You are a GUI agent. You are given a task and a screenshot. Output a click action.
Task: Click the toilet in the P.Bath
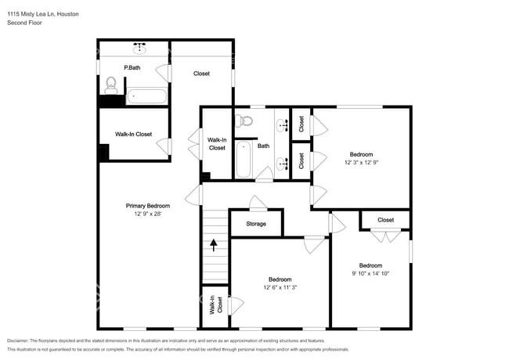pyautogui.click(x=111, y=85)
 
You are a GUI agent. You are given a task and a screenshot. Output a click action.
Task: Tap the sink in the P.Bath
pyautogui.click(x=139, y=49)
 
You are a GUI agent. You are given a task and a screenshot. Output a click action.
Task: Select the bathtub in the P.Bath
pyautogui.click(x=146, y=96)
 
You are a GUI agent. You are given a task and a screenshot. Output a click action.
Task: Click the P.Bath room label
pyautogui.click(x=132, y=68)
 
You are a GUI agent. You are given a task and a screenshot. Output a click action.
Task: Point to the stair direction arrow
pyautogui.click(x=213, y=245)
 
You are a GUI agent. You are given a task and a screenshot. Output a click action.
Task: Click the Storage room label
pyautogui.click(x=256, y=224)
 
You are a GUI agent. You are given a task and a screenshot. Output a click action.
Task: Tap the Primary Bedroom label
pyautogui.click(x=148, y=206)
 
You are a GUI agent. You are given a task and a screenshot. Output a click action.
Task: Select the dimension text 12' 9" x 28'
pyautogui.click(x=148, y=214)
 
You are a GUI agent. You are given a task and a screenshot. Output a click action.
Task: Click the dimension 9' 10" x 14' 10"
pyautogui.click(x=370, y=273)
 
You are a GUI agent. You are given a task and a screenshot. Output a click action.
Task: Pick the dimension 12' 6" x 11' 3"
pyautogui.click(x=280, y=287)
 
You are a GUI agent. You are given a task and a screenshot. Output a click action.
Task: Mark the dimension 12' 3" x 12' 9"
pyautogui.click(x=361, y=163)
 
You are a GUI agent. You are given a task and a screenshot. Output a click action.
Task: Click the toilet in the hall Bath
pyautogui.click(x=244, y=121)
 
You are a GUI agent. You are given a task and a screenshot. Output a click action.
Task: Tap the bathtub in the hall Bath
pyautogui.click(x=244, y=159)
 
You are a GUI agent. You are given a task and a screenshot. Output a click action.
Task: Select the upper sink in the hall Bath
pyautogui.click(x=283, y=125)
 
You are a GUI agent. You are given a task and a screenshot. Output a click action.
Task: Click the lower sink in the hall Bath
pyautogui.click(x=283, y=164)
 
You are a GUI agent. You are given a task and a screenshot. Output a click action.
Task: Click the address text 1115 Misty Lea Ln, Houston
pyautogui.click(x=43, y=14)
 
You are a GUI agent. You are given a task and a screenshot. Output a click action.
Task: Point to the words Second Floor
pyautogui.click(x=25, y=23)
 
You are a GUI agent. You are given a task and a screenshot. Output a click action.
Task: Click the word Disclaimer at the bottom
pyautogui.click(x=17, y=341)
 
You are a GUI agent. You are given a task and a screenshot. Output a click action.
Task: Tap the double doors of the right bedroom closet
pyautogui.click(x=385, y=236)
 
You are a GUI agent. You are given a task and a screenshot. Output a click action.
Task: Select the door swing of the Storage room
pyautogui.click(x=258, y=203)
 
